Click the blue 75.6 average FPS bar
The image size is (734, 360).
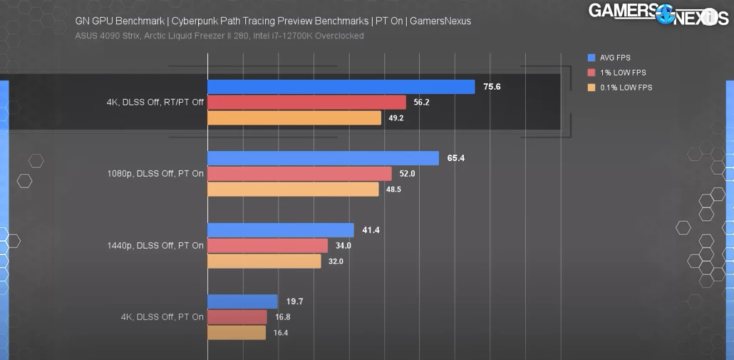341,87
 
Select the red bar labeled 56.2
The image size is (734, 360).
306,103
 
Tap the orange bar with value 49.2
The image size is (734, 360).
294,118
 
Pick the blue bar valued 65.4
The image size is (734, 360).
323,158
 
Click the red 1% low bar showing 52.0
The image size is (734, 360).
299,174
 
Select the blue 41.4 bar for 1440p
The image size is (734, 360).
280,230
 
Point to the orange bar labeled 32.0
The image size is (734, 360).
264,261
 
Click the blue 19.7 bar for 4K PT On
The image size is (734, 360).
242,302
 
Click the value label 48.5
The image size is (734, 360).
393,190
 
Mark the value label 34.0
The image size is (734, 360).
343,246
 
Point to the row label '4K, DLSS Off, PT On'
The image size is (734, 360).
162,317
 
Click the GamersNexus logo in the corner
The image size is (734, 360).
656,14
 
